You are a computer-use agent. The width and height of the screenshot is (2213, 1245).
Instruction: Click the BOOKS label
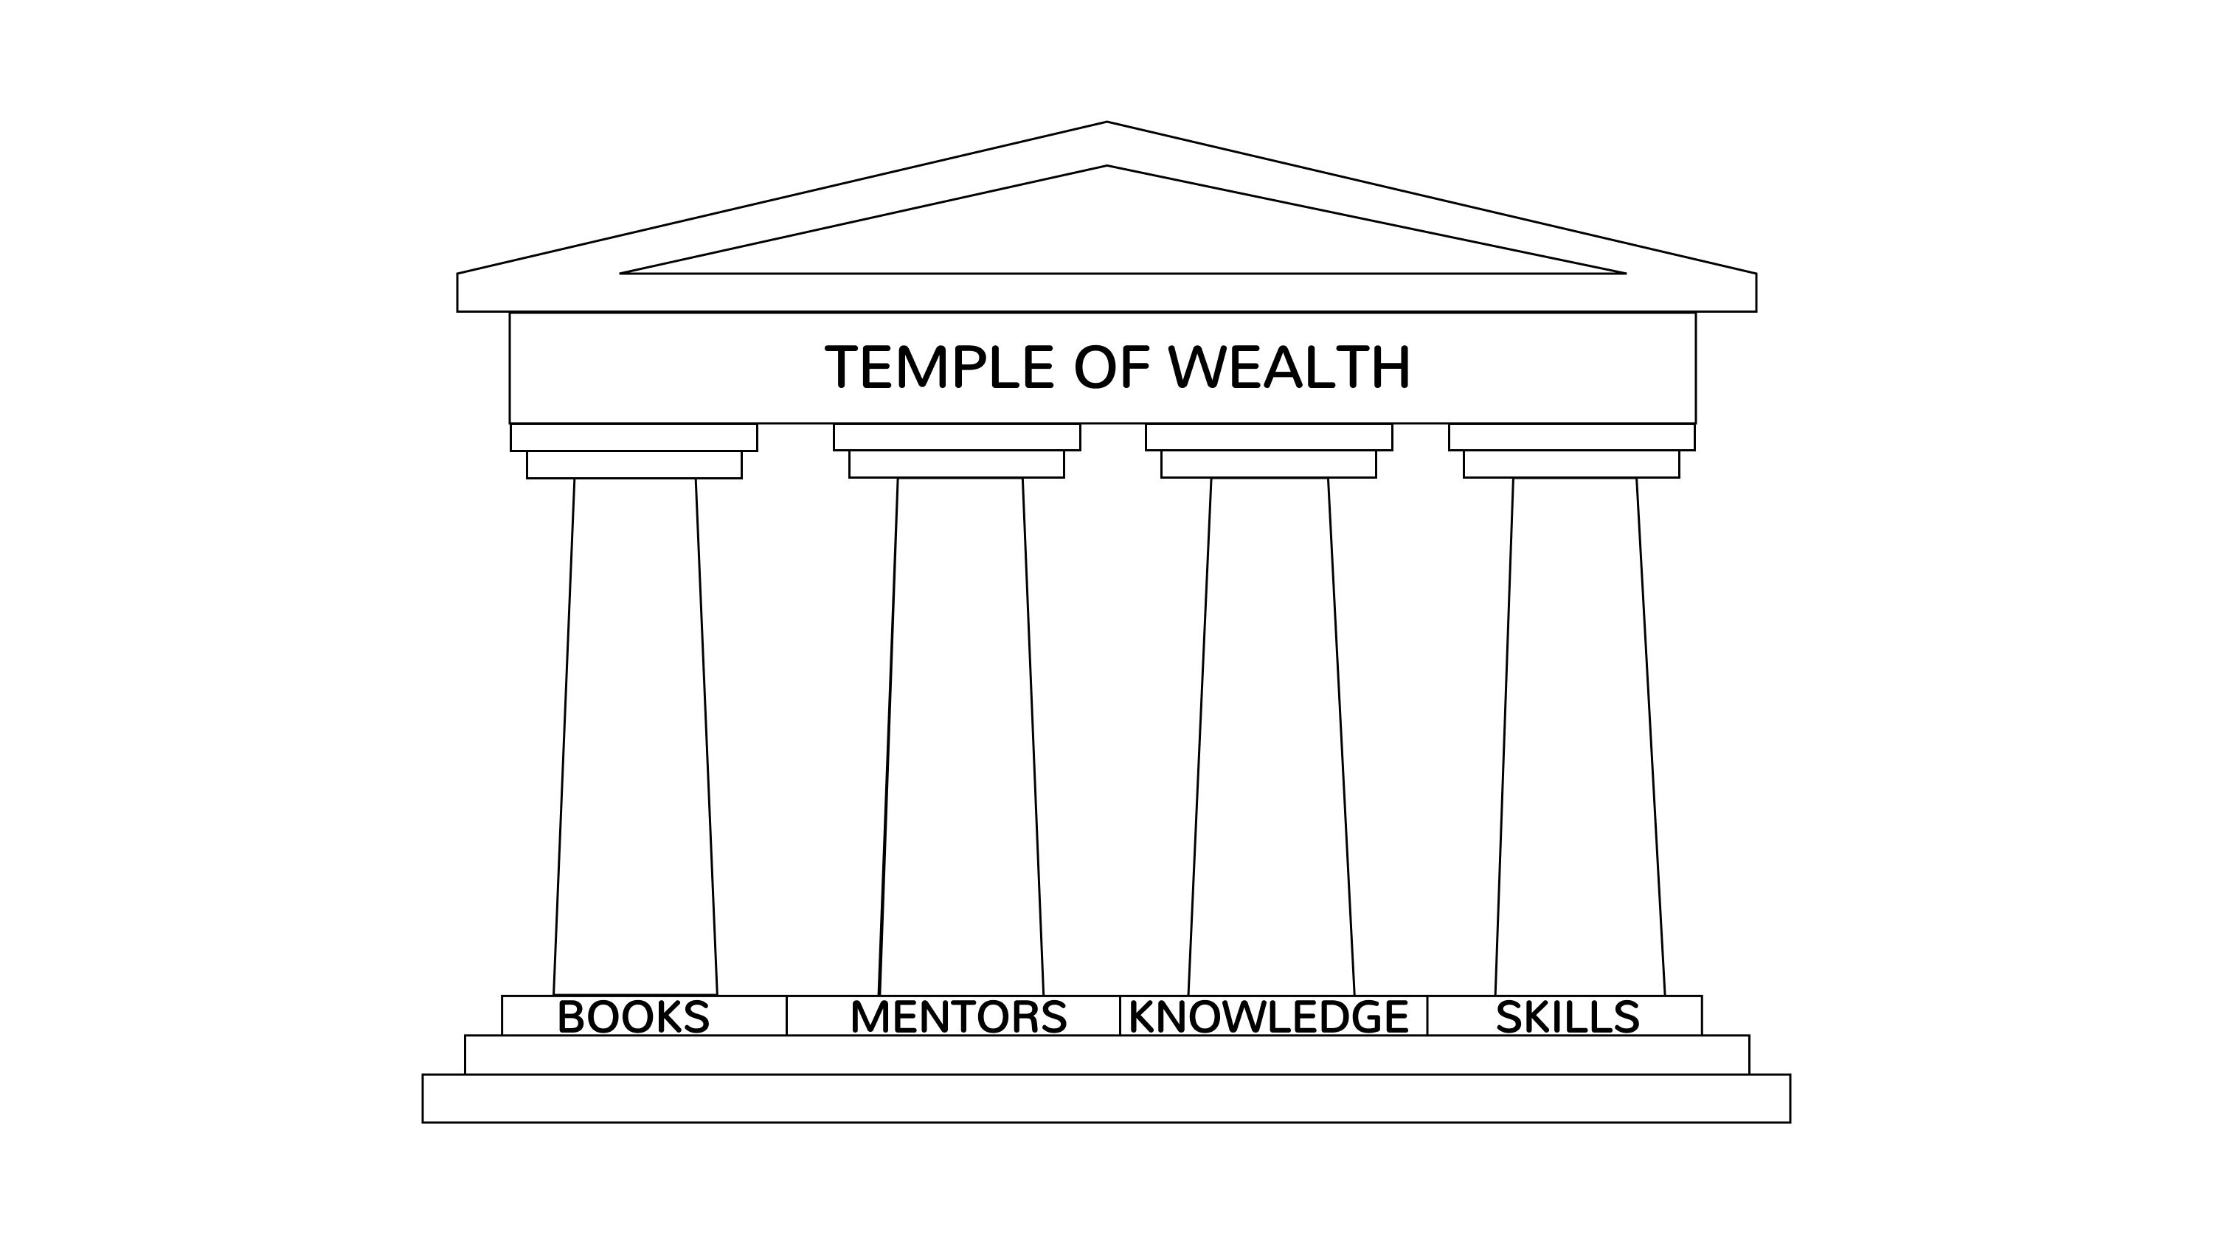633,1017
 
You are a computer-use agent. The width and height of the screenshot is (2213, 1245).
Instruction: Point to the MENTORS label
958,1017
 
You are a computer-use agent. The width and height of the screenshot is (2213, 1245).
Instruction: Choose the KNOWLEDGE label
1268,1017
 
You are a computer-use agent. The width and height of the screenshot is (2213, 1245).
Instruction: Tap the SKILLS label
1567,1017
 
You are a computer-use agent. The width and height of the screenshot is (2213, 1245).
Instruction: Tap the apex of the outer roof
1106,123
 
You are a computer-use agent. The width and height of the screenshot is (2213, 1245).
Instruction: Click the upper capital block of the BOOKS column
634,437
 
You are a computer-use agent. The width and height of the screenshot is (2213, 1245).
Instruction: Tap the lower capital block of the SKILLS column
1571,464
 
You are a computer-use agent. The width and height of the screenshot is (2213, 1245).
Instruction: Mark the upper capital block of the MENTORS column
956,437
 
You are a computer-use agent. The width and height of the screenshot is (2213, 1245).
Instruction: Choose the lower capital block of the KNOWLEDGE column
1268,464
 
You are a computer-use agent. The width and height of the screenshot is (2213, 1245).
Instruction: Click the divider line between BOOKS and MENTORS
786,1016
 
